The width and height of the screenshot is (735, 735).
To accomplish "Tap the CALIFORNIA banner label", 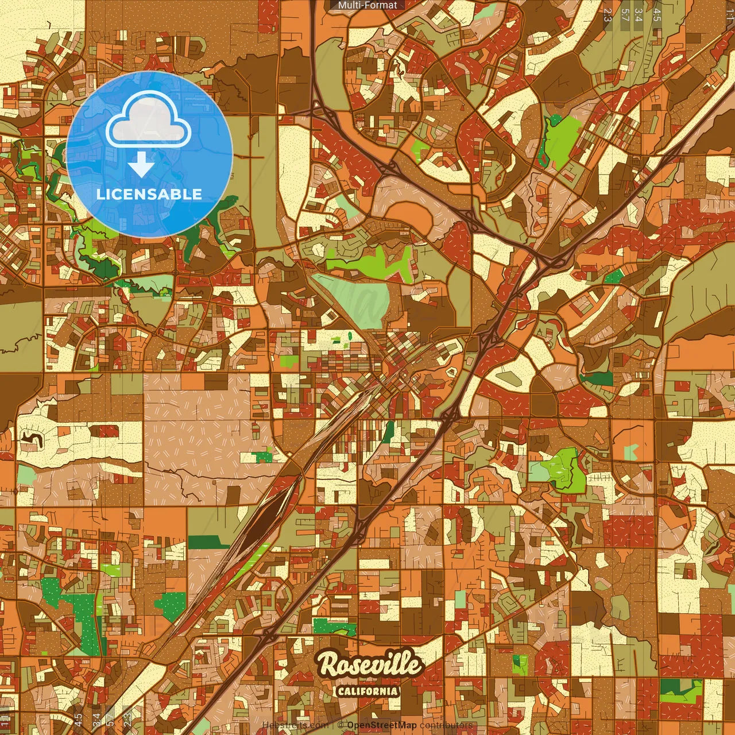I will (367, 691).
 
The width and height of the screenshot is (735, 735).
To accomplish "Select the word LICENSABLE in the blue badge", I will (149, 194).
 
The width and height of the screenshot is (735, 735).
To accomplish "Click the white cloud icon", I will (148, 120).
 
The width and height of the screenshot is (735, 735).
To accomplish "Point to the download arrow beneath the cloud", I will (141, 165).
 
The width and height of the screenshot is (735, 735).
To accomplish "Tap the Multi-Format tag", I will (367, 5).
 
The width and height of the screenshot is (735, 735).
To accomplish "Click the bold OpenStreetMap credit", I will (382, 725).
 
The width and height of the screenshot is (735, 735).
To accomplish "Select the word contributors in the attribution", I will (446, 725).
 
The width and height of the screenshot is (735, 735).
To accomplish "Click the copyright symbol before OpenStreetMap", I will (341, 725).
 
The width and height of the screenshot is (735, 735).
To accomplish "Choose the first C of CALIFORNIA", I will (341, 691).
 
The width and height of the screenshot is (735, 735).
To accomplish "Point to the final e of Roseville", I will (414, 666).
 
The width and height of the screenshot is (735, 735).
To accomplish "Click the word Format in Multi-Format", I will (382, 5).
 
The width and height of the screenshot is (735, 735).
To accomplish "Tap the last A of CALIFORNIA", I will (394, 691).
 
